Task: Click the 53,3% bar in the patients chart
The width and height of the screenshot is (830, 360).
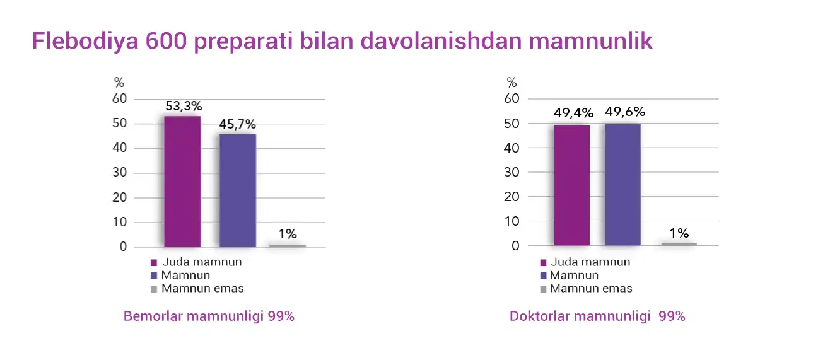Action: click(x=182, y=182)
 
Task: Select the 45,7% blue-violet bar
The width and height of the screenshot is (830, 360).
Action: click(x=238, y=190)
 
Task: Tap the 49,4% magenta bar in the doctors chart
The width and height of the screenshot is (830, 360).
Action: click(x=572, y=185)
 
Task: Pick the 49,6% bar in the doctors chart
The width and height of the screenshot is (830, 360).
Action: click(x=623, y=185)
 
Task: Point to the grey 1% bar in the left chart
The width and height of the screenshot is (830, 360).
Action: click(x=288, y=245)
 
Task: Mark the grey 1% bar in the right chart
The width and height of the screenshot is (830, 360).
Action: click(x=679, y=244)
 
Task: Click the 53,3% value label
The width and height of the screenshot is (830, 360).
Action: click(x=184, y=107)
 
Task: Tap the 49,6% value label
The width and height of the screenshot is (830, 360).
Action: click(x=625, y=112)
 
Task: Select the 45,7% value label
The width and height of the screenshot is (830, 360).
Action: click(x=238, y=124)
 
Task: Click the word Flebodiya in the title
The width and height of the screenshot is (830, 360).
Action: click(x=85, y=41)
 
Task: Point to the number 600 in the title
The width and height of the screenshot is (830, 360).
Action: click(x=166, y=41)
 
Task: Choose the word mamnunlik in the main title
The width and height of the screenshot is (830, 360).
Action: click(x=590, y=41)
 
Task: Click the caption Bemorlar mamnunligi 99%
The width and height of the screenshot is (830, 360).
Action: click(x=209, y=316)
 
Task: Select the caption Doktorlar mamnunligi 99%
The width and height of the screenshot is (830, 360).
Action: click(x=597, y=316)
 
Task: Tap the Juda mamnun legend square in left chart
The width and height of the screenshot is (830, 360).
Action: click(x=154, y=263)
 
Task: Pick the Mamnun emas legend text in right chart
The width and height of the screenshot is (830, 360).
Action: click(x=591, y=289)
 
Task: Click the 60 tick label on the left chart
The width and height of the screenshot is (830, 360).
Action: click(x=119, y=98)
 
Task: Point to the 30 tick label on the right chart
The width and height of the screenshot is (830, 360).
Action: click(x=511, y=172)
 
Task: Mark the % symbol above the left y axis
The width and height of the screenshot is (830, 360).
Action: click(x=119, y=83)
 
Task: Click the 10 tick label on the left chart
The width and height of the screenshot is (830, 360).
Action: click(x=119, y=222)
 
